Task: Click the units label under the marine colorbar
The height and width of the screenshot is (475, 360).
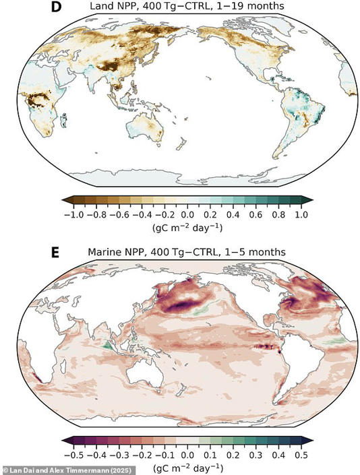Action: point(187,466)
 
